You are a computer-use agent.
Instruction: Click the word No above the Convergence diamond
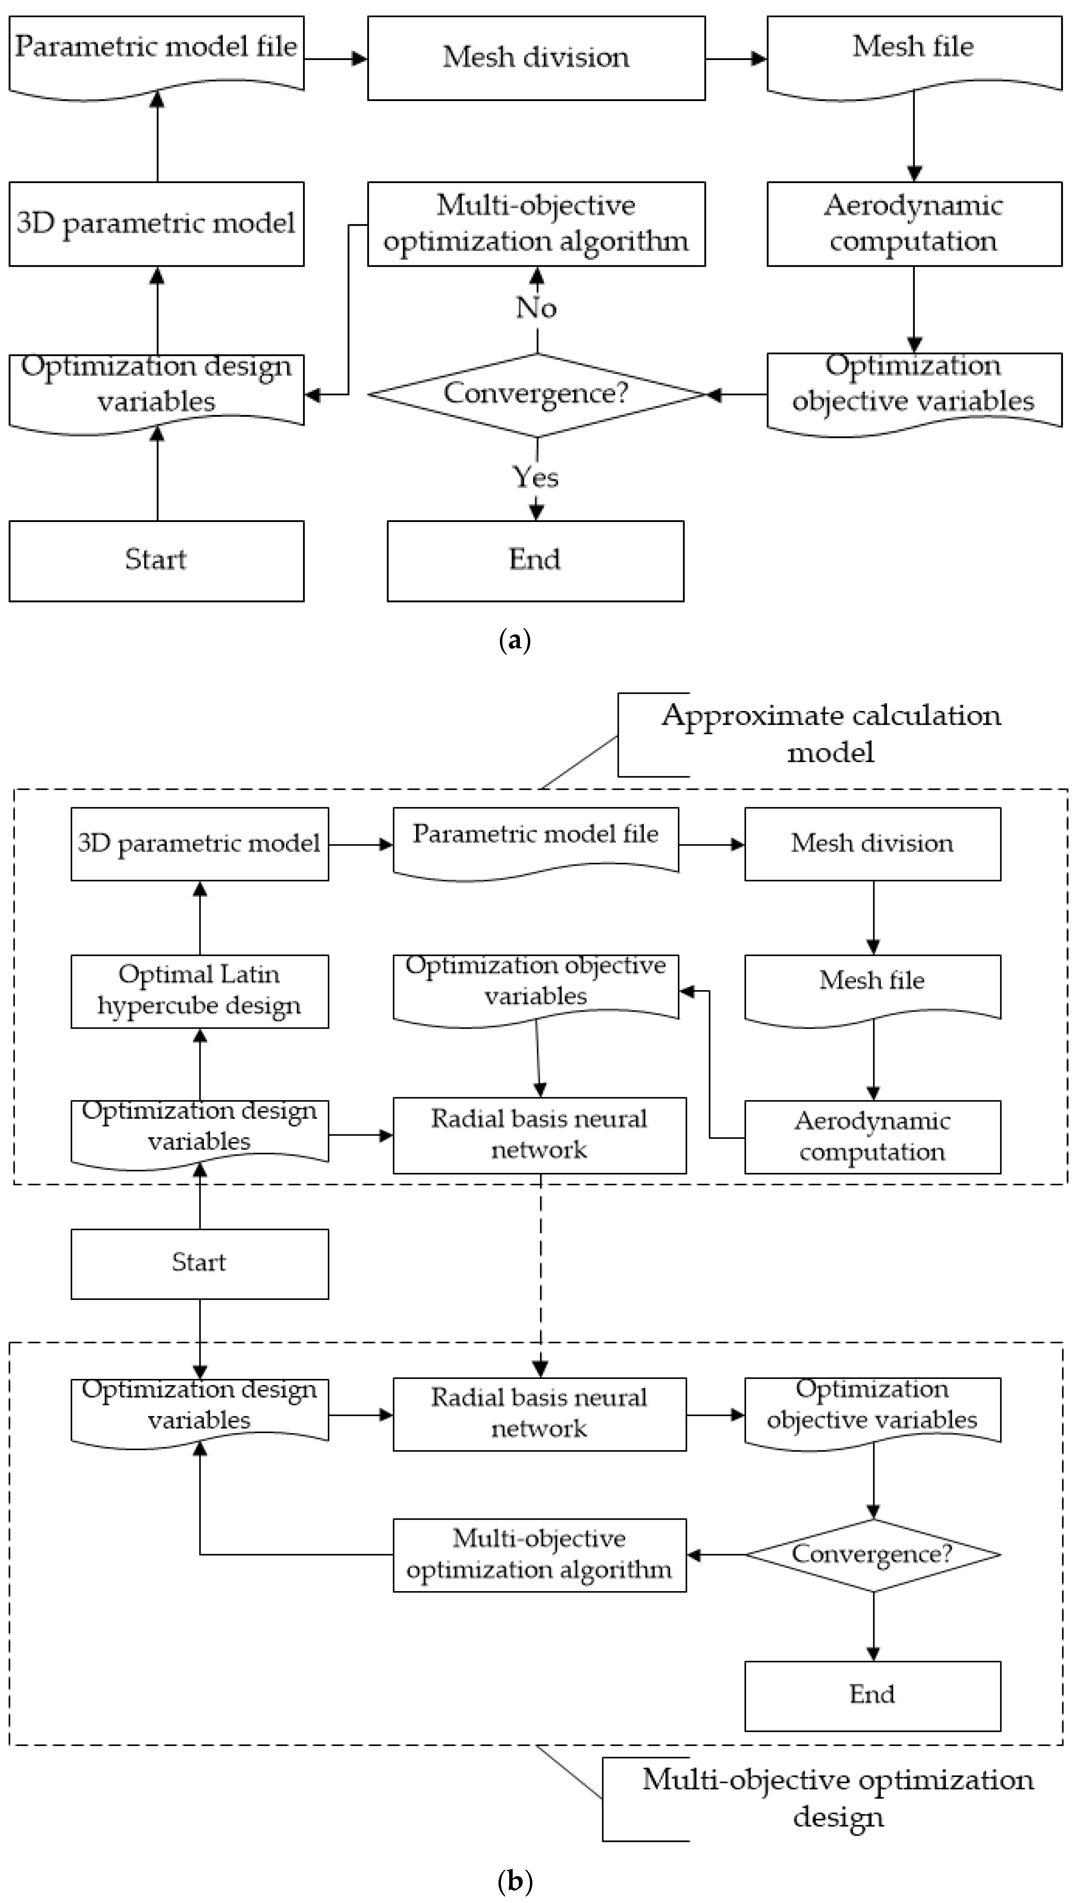tap(536, 307)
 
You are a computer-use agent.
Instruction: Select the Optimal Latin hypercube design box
tap(199, 991)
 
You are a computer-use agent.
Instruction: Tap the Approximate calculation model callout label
tap(831, 733)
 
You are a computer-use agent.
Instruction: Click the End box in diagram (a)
tap(535, 560)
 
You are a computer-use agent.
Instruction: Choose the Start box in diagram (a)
tap(156, 560)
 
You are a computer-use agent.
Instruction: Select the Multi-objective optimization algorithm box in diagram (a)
tap(536, 223)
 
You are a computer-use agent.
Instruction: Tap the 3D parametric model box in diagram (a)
tap(156, 223)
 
